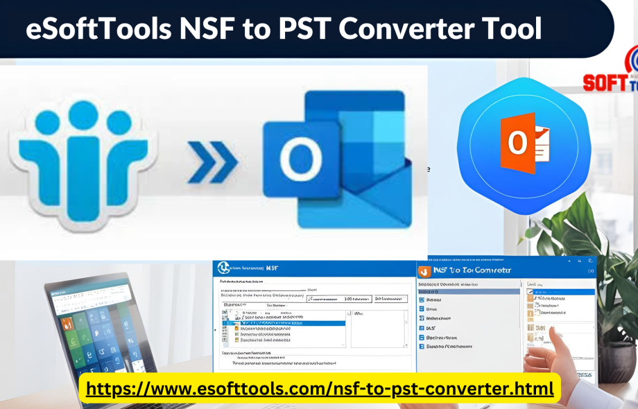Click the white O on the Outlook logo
pyautogui.click(x=300, y=161)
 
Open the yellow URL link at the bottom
pyautogui.click(x=320, y=388)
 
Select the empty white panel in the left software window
pyautogui.click(x=378, y=329)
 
